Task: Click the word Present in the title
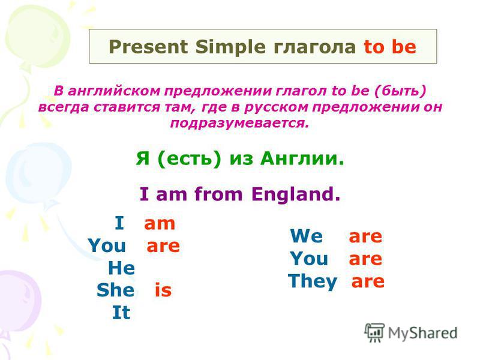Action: [x=148, y=47]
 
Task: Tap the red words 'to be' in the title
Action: [x=390, y=47]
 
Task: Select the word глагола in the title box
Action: [x=314, y=47]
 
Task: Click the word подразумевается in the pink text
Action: [x=239, y=123]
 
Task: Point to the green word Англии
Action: [x=302, y=158]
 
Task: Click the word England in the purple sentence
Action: [x=296, y=194]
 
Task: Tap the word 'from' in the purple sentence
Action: [x=218, y=193]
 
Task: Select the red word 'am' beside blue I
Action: [x=160, y=223]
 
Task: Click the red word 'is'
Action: [x=163, y=290]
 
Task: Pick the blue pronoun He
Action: [x=122, y=268]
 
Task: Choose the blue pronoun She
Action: [x=115, y=290]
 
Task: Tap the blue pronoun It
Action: [x=122, y=312]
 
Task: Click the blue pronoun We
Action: [x=307, y=236]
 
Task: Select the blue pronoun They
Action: [x=313, y=281]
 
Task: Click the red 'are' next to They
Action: [x=368, y=281]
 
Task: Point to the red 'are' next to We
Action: [x=365, y=236]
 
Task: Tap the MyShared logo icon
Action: [x=374, y=332]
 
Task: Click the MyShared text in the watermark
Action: [x=423, y=333]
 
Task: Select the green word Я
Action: [x=143, y=158]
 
